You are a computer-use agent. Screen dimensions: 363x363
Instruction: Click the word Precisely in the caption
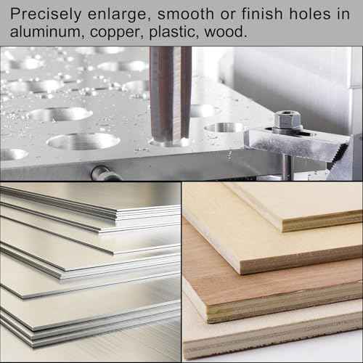[x=46, y=15]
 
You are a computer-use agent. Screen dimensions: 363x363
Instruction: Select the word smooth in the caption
[x=186, y=14]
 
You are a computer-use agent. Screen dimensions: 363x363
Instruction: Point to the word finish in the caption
[x=262, y=14]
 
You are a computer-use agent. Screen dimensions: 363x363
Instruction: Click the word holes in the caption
[x=310, y=14]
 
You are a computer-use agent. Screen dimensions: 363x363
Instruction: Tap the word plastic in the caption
[x=174, y=33]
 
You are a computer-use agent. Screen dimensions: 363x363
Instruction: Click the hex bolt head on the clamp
[x=287, y=121]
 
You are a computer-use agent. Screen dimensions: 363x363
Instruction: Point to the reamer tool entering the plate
[x=171, y=94]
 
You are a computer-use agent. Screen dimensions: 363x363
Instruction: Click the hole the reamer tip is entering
[x=169, y=142]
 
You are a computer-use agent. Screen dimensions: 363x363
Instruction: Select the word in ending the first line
[x=343, y=14]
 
